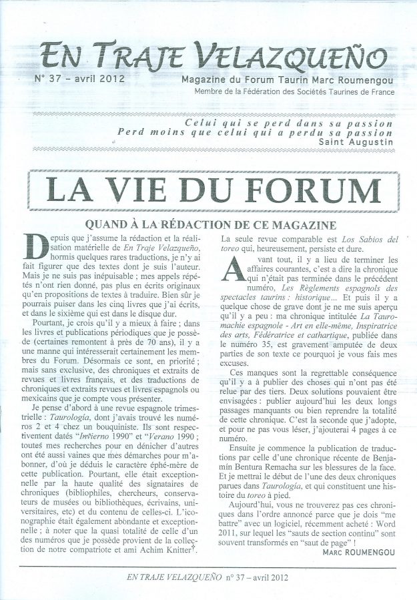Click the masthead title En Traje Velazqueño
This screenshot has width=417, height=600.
click(212, 55)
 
